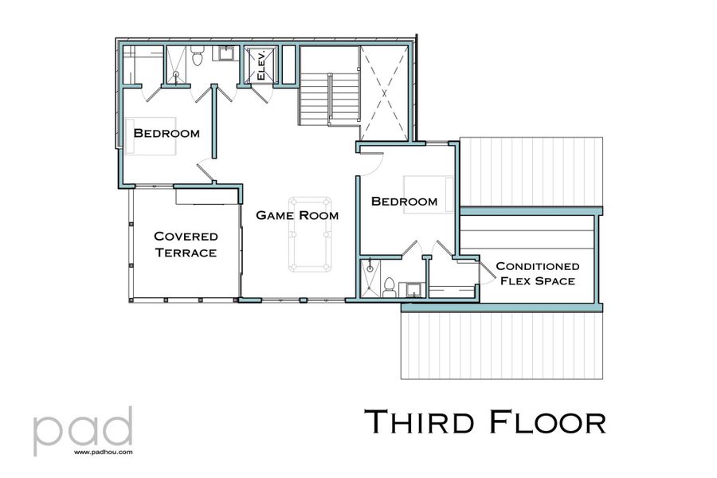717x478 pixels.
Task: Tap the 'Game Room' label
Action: pos(296,215)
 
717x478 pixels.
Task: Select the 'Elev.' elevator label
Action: pos(260,66)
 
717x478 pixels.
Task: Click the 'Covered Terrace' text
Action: pos(185,244)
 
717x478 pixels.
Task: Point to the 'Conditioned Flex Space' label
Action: pos(537,273)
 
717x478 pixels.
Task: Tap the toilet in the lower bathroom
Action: pos(389,287)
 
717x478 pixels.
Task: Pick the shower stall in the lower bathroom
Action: pos(370,278)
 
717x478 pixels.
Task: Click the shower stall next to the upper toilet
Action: pos(175,64)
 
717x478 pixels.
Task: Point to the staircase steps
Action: pos(327,97)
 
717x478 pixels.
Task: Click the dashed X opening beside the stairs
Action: pos(386,92)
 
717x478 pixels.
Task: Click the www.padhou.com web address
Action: pos(103,451)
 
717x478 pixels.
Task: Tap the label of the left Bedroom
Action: pos(166,132)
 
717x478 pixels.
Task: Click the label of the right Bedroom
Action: pos(404,202)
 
